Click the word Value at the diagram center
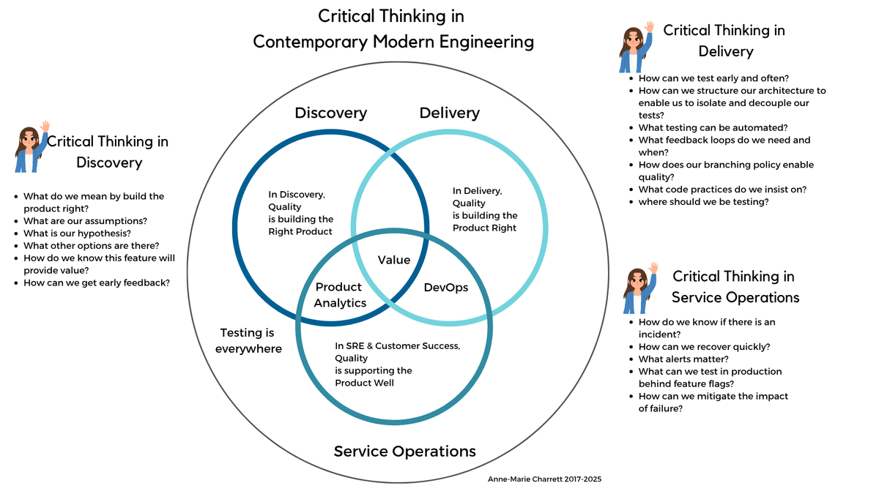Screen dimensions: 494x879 (x=393, y=260)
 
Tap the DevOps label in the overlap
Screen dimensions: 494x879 (x=446, y=288)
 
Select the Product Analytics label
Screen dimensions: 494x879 (x=340, y=295)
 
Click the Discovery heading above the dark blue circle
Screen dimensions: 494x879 (x=330, y=113)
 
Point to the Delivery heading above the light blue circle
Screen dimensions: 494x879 (x=449, y=113)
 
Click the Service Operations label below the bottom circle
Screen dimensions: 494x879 (x=404, y=451)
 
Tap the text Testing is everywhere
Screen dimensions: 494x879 (x=248, y=340)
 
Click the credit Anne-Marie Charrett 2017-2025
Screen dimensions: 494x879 (x=545, y=479)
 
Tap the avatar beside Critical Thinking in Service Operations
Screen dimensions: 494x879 (x=639, y=288)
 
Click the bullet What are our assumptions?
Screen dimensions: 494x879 (x=85, y=221)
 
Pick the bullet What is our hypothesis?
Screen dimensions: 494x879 (x=77, y=233)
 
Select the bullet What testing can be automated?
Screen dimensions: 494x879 (x=713, y=127)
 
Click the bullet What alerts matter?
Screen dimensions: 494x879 (x=683, y=359)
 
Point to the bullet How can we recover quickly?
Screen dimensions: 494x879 (x=704, y=347)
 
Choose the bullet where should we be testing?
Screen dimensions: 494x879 (x=703, y=201)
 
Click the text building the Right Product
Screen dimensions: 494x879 (x=300, y=225)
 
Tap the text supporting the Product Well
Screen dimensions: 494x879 (x=374, y=376)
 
